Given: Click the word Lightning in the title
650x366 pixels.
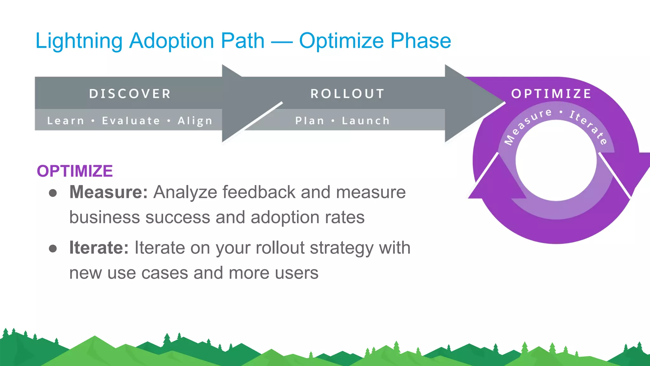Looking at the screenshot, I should pos(79,41).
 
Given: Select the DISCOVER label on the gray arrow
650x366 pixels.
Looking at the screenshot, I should pos(130,94).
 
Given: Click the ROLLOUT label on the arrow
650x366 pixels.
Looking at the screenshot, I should pos(348,94).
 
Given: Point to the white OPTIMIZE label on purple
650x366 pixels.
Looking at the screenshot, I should pos(551,94).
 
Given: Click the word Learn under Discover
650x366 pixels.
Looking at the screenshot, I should pos(66,121).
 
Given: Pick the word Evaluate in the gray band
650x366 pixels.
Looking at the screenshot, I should pos(131,121).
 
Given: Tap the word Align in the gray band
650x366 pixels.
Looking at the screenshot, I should pos(195,121).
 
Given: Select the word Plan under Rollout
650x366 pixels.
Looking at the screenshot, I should pos(310,121).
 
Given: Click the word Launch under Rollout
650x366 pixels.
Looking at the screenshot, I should pos(366,121).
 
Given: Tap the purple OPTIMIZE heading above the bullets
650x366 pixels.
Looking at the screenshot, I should pos(75,171).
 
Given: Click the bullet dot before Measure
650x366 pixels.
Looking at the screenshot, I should pos(53,193).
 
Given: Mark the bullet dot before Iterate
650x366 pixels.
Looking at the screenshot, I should pos(53,248).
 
